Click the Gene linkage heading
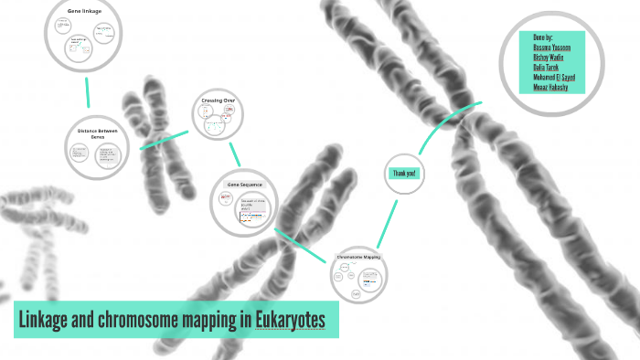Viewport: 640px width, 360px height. pos(85,11)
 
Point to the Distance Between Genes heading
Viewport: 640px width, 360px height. pos(103,133)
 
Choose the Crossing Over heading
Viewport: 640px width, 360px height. pos(218,100)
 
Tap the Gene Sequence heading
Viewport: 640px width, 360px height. pos(244,185)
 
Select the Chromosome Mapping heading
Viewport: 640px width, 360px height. pos(358,257)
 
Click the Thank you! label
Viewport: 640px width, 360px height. pos(404,174)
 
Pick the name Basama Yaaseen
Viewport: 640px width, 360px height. pos(553,47)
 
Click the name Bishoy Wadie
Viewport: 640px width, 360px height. pos(548,57)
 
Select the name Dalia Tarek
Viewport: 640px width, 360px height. pos(545,67)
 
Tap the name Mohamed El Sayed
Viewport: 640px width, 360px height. pos(554,77)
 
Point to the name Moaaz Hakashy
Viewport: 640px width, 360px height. pos(551,87)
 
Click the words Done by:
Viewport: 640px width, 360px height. pos(543,37)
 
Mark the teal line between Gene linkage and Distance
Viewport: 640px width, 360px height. pos(88,91)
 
